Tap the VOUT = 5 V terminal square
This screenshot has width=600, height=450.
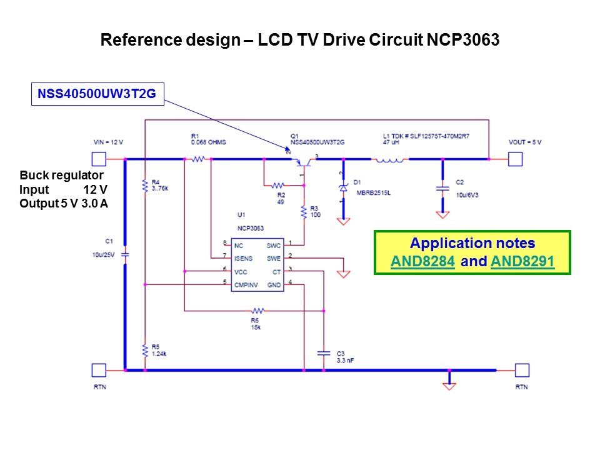pos(514,160)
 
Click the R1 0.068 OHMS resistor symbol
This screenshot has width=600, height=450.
pos(199,160)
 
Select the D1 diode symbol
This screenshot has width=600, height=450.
pos(342,187)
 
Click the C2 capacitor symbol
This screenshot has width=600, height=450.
pos(442,187)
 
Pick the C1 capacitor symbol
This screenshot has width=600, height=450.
pos(125,255)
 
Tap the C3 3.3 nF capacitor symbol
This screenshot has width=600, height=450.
pos(323,352)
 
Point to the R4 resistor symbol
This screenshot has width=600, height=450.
pos(144,185)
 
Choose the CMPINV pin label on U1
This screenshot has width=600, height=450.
pos(246,284)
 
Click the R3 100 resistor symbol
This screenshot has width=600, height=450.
pos(304,212)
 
